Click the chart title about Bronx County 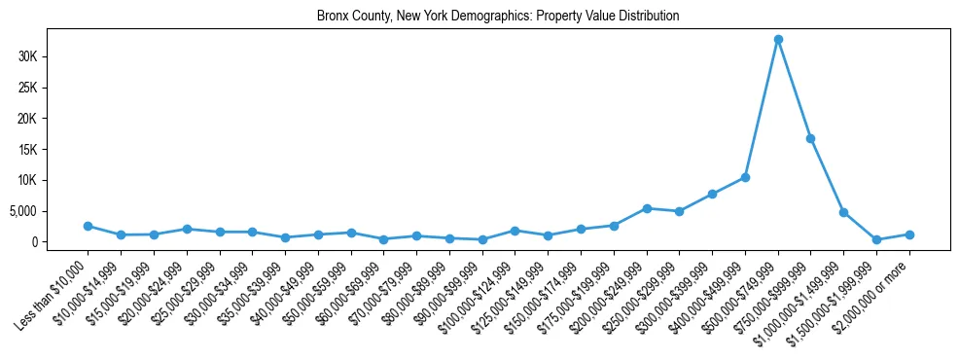497,17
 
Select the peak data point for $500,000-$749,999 778,40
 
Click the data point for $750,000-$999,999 810,138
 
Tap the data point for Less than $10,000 89,226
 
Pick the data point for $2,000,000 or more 909,234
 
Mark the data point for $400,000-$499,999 745,177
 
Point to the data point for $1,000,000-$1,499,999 843,212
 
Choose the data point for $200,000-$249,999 647,208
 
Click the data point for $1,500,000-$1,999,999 876,239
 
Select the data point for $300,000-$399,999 712,194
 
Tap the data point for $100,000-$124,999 515,231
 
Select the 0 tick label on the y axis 59,242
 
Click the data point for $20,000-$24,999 187,229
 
